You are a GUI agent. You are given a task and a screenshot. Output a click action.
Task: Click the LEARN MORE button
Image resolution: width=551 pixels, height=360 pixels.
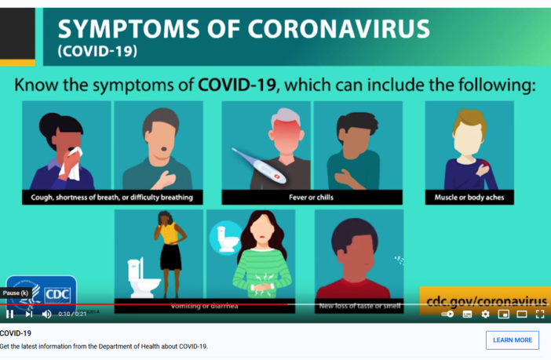pyautogui.click(x=512, y=340)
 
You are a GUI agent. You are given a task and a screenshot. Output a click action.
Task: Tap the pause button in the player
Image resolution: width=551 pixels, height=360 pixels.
pyautogui.click(x=10, y=314)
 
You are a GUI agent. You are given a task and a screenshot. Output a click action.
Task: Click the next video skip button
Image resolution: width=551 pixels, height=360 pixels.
pyautogui.click(x=29, y=314)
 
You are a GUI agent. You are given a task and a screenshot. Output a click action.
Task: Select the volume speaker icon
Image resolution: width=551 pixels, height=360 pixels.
pyautogui.click(x=46, y=314)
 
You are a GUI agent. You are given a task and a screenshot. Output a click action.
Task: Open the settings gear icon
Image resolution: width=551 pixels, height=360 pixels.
pyautogui.click(x=485, y=314)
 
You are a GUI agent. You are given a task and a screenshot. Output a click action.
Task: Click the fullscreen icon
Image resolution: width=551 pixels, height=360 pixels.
pyautogui.click(x=540, y=314)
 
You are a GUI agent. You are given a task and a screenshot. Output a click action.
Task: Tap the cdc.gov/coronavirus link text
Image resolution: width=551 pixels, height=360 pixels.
pyautogui.click(x=483, y=300)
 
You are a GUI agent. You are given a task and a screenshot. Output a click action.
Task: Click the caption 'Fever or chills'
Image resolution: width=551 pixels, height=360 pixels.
pyautogui.click(x=312, y=197)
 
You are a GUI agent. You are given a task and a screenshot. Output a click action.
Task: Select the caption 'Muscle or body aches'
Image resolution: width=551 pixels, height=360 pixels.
pyautogui.click(x=469, y=197)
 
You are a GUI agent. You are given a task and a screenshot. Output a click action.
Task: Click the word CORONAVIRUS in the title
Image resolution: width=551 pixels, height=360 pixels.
pyautogui.click(x=339, y=29)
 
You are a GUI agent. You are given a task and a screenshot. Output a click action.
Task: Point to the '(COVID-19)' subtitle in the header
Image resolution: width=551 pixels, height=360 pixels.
pyautogui.click(x=97, y=52)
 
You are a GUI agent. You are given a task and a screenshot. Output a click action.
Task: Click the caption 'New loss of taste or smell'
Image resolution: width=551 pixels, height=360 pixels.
pyautogui.click(x=359, y=305)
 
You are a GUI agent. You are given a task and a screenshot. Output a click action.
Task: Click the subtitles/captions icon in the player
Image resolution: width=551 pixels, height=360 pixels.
pyautogui.click(x=467, y=314)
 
